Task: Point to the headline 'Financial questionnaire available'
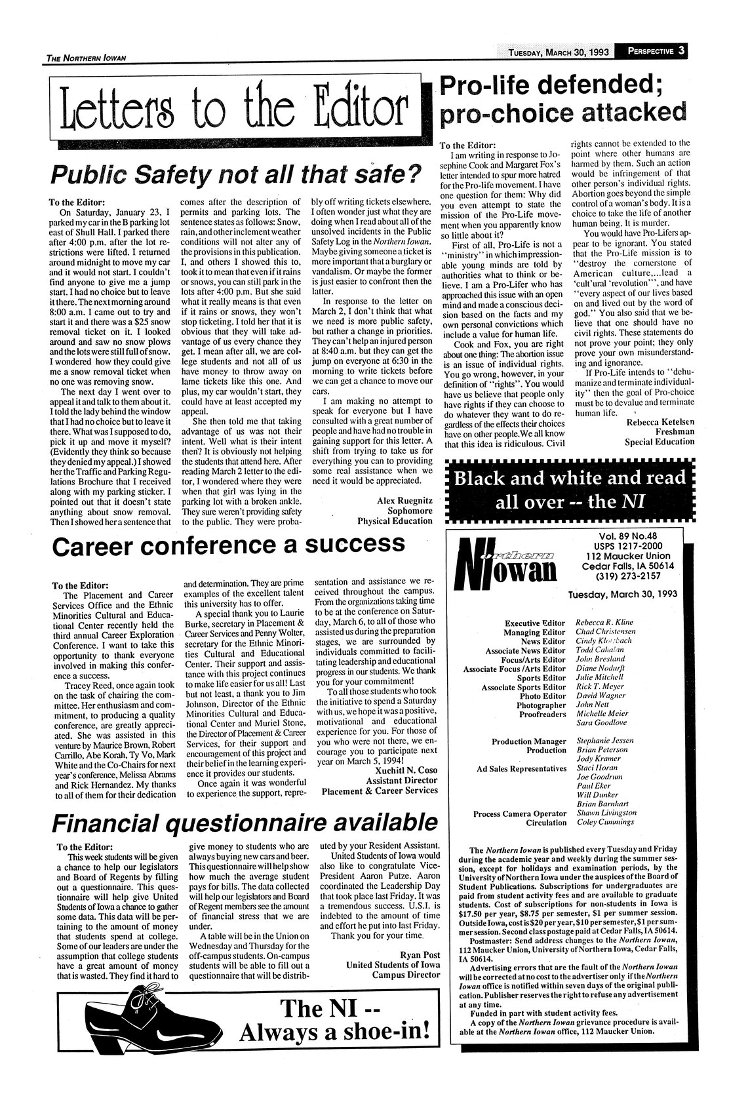click(244, 822)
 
